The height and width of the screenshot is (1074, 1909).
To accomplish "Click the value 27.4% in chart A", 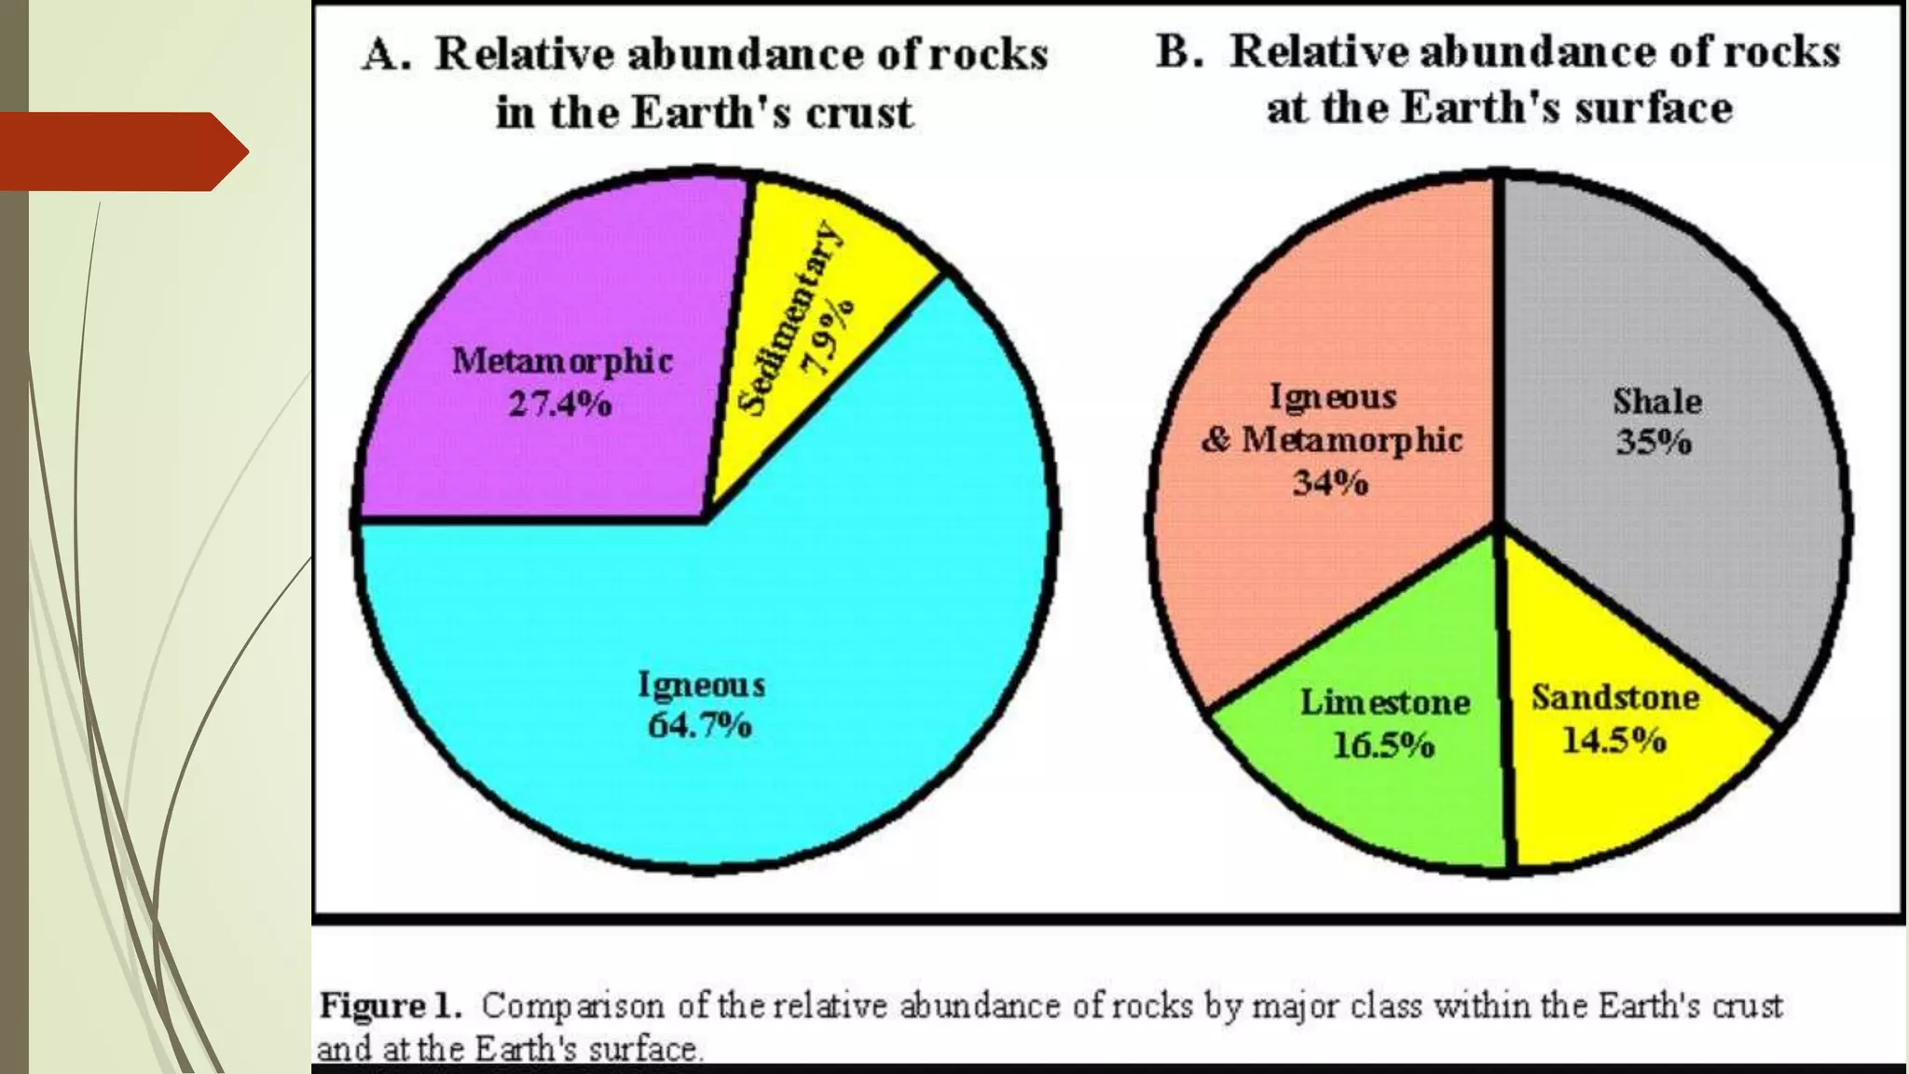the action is click(560, 405).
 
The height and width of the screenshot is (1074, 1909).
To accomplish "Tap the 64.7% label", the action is click(700, 725).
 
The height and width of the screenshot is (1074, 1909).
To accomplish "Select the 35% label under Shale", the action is click(1655, 442).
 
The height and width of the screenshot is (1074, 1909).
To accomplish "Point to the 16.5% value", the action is click(1383, 746).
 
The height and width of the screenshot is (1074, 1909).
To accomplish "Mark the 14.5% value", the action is click(1614, 741).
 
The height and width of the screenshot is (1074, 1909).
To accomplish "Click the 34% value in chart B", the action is click(1330, 483).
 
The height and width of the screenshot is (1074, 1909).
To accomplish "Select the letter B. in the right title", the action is click(1180, 52).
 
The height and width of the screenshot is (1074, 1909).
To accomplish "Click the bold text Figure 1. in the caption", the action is click(391, 1006).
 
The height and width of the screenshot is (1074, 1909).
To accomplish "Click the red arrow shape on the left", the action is click(121, 152).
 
